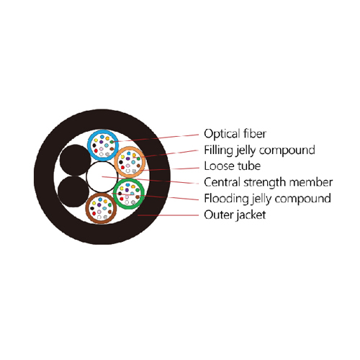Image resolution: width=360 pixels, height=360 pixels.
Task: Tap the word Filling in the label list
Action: click(x=217, y=150)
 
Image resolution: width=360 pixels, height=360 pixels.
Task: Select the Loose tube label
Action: click(x=233, y=166)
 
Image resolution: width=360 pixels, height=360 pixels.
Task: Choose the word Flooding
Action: click(x=226, y=199)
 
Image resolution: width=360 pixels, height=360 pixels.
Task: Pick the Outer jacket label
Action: click(x=235, y=215)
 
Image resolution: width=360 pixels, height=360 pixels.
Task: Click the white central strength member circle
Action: click(x=102, y=177)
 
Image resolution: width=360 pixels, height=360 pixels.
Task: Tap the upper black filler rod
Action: click(x=75, y=160)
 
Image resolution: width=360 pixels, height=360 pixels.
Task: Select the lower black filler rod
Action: click(x=73, y=192)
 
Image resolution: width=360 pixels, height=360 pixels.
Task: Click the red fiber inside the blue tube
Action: click(x=96, y=150)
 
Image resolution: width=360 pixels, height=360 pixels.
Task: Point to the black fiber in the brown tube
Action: click(x=92, y=208)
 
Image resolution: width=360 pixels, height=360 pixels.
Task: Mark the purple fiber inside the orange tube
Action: click(x=127, y=158)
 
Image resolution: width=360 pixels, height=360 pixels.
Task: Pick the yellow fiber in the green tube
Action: click(x=122, y=188)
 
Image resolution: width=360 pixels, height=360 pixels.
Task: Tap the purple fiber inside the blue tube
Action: click(x=101, y=142)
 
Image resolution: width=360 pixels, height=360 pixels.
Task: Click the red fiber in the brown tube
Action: click(x=94, y=213)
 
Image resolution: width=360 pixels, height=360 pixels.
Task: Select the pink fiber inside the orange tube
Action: click(x=128, y=166)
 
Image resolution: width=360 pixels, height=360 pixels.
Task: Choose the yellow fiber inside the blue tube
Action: click(x=96, y=140)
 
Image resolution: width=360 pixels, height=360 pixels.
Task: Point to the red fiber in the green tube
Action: click(x=122, y=199)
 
